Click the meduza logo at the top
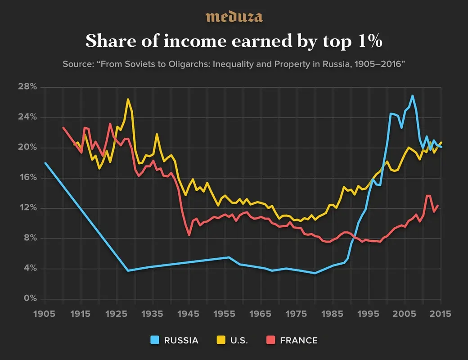tap(234, 17)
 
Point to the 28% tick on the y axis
tap(27, 87)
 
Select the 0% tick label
tap(29, 299)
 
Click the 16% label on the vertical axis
tap(27, 178)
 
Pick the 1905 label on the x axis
tap(45, 314)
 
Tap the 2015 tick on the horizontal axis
tap(440, 314)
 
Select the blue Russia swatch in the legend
tap(154, 340)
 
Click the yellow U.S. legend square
tap(213, 340)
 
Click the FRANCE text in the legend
tap(298, 340)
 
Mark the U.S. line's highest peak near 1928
tap(128, 99)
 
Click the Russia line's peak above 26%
tap(412, 96)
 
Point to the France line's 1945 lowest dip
tap(189, 235)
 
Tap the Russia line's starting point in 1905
tap(45, 163)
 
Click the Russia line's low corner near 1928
tap(128, 270)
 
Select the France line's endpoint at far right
tap(437, 206)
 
